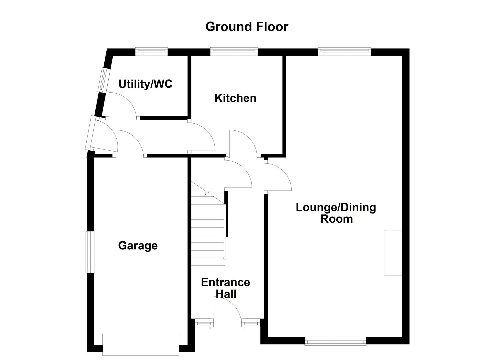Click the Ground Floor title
point(247,27)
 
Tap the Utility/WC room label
point(145,84)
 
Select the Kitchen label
point(235,98)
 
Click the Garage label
point(138,246)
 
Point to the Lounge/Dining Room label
point(336,213)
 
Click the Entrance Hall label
point(226,288)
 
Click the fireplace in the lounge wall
point(393,252)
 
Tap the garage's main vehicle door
point(141,344)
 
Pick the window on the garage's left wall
point(89,252)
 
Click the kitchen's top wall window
point(234,51)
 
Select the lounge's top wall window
point(344,51)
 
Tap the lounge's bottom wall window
point(335,341)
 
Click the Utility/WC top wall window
point(151,51)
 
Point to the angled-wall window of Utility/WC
point(103,80)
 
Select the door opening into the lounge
point(278,177)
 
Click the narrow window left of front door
point(204,322)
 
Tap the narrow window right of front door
point(250,322)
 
